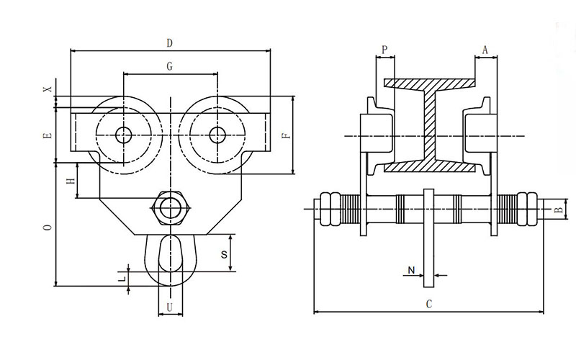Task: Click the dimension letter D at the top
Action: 169,42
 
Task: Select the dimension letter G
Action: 169,66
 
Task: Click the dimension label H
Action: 71,180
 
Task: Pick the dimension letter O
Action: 48,227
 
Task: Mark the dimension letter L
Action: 122,276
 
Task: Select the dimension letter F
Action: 285,135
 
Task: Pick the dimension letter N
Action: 410,271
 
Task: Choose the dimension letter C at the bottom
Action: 428,304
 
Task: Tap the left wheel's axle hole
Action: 122,134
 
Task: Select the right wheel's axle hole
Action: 217,134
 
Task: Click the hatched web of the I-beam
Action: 430,126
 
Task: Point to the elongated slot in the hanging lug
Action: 170,257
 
